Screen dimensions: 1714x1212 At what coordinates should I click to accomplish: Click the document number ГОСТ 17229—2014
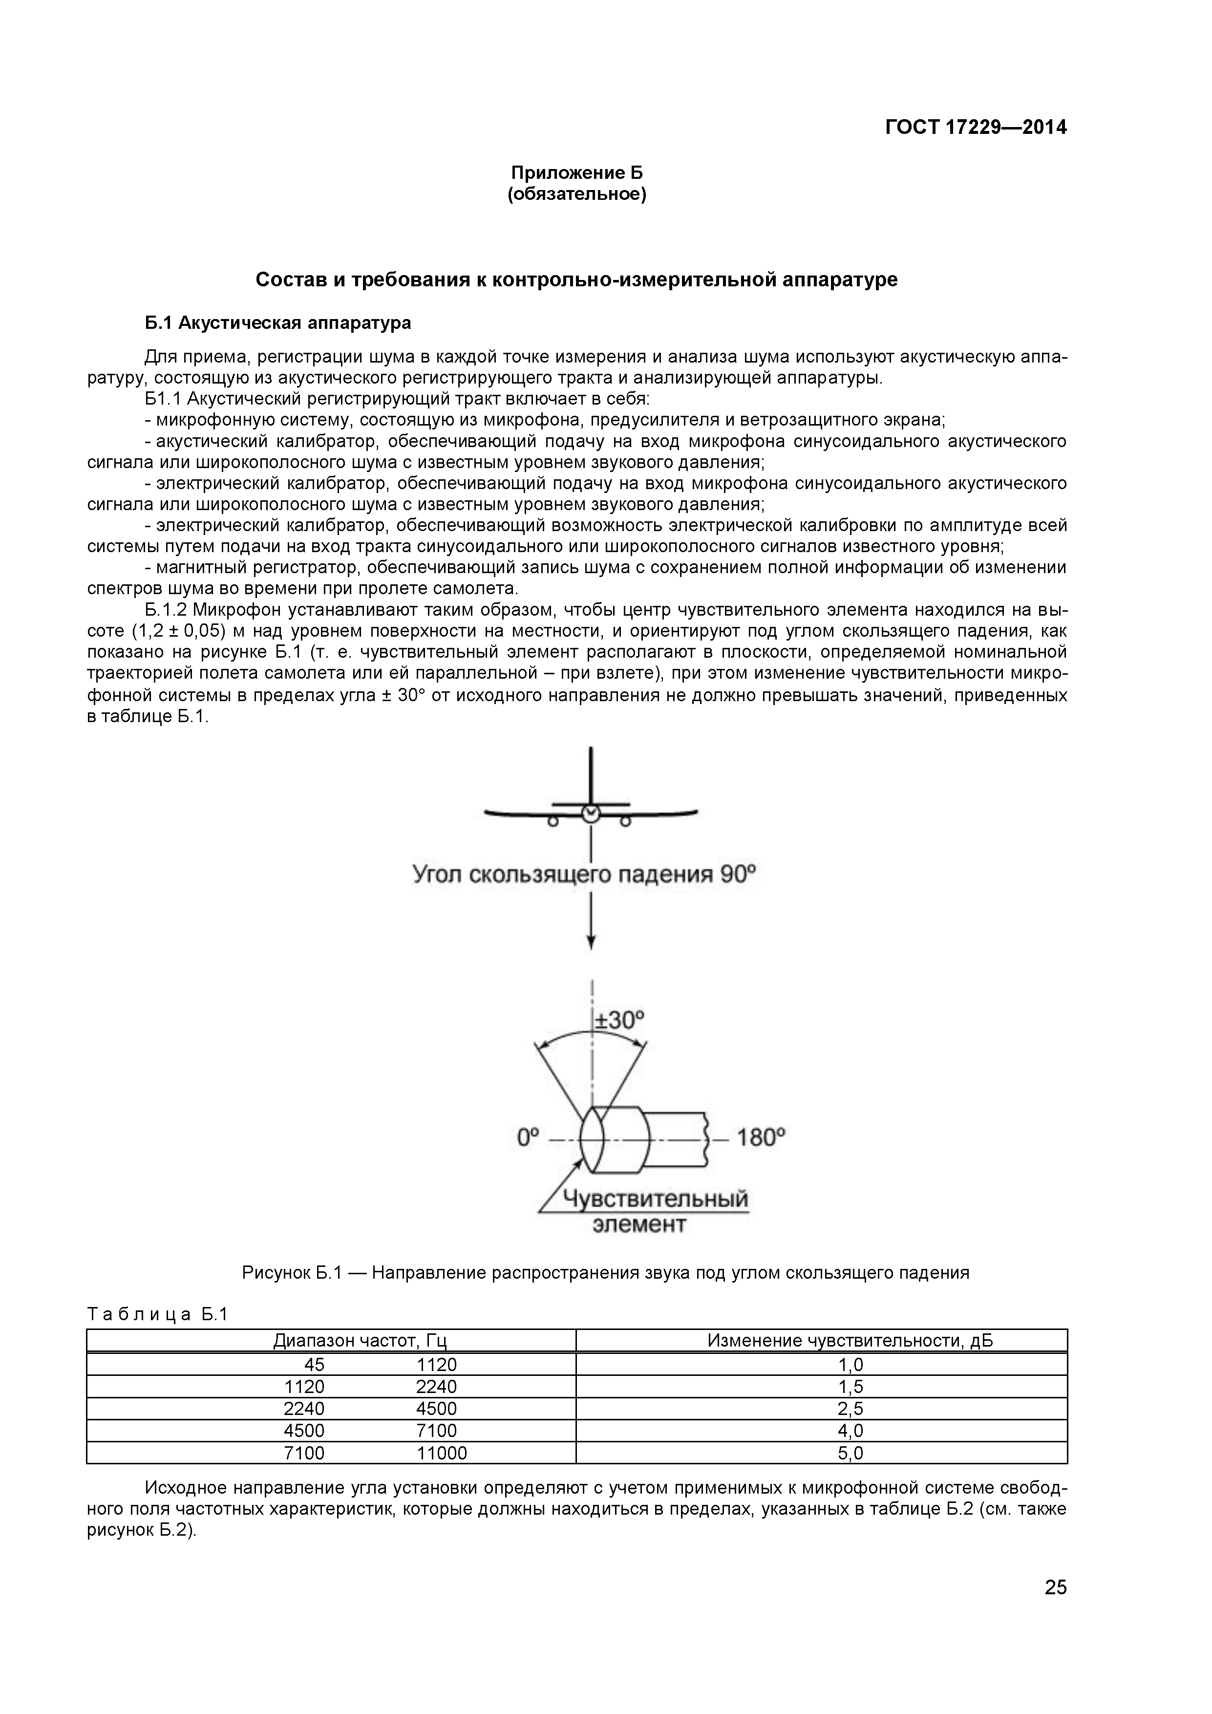(x=976, y=128)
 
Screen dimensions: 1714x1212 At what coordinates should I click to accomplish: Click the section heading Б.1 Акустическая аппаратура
(x=277, y=323)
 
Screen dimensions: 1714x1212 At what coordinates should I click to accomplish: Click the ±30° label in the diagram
(x=618, y=1020)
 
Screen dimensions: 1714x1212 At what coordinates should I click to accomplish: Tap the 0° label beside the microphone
(x=528, y=1137)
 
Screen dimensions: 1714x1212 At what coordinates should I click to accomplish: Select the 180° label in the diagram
(x=761, y=1137)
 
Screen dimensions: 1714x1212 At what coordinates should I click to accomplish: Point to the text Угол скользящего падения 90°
(x=584, y=874)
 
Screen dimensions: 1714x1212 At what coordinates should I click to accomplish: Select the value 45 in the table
(x=314, y=1365)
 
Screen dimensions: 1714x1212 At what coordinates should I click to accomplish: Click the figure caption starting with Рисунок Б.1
(x=605, y=1273)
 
